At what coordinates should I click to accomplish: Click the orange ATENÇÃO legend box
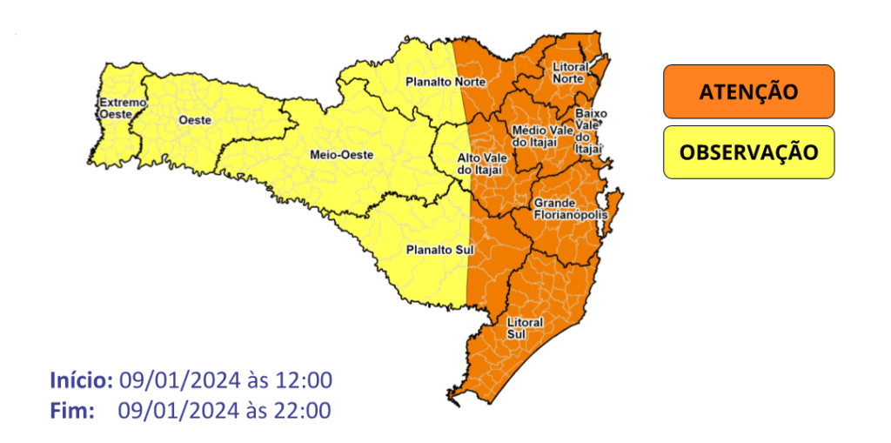(x=748, y=91)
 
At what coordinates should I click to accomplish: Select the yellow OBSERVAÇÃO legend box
(x=748, y=152)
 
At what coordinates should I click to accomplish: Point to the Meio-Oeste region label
(x=341, y=154)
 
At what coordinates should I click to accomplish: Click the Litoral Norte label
(x=570, y=72)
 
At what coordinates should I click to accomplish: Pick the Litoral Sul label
(x=525, y=328)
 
